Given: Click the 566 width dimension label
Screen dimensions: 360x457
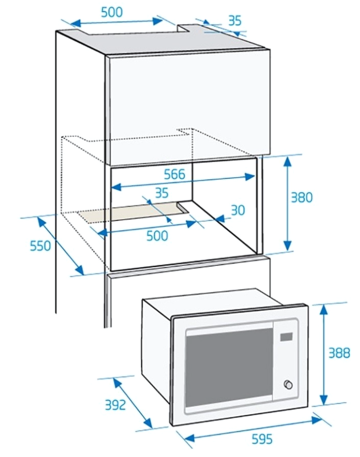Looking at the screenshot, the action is click(x=174, y=174).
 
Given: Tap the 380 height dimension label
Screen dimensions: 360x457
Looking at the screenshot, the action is click(x=302, y=197).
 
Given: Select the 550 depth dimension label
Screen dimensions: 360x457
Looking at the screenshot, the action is click(x=41, y=246).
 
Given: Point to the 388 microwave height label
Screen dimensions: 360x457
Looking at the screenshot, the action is click(x=339, y=353).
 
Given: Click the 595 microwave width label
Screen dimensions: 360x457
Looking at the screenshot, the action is click(x=262, y=438).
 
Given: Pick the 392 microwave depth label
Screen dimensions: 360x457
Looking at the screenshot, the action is click(x=116, y=405).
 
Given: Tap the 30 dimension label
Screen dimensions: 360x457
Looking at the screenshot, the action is click(x=238, y=210).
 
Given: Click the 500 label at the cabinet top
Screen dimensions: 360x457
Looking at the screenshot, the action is click(x=112, y=12).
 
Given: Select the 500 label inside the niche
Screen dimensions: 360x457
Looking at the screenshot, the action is click(x=157, y=235).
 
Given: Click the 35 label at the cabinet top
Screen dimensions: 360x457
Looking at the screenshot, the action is click(x=235, y=21).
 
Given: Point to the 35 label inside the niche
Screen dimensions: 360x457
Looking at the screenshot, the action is click(x=162, y=193).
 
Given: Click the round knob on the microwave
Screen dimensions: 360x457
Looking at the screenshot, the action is click(x=288, y=385).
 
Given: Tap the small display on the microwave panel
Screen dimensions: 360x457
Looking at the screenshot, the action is click(x=286, y=337).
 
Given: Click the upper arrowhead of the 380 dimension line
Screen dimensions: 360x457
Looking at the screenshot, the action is click(x=288, y=161).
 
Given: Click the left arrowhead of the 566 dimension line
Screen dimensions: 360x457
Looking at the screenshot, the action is click(x=116, y=187).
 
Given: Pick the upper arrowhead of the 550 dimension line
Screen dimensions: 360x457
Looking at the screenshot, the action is click(x=42, y=222).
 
